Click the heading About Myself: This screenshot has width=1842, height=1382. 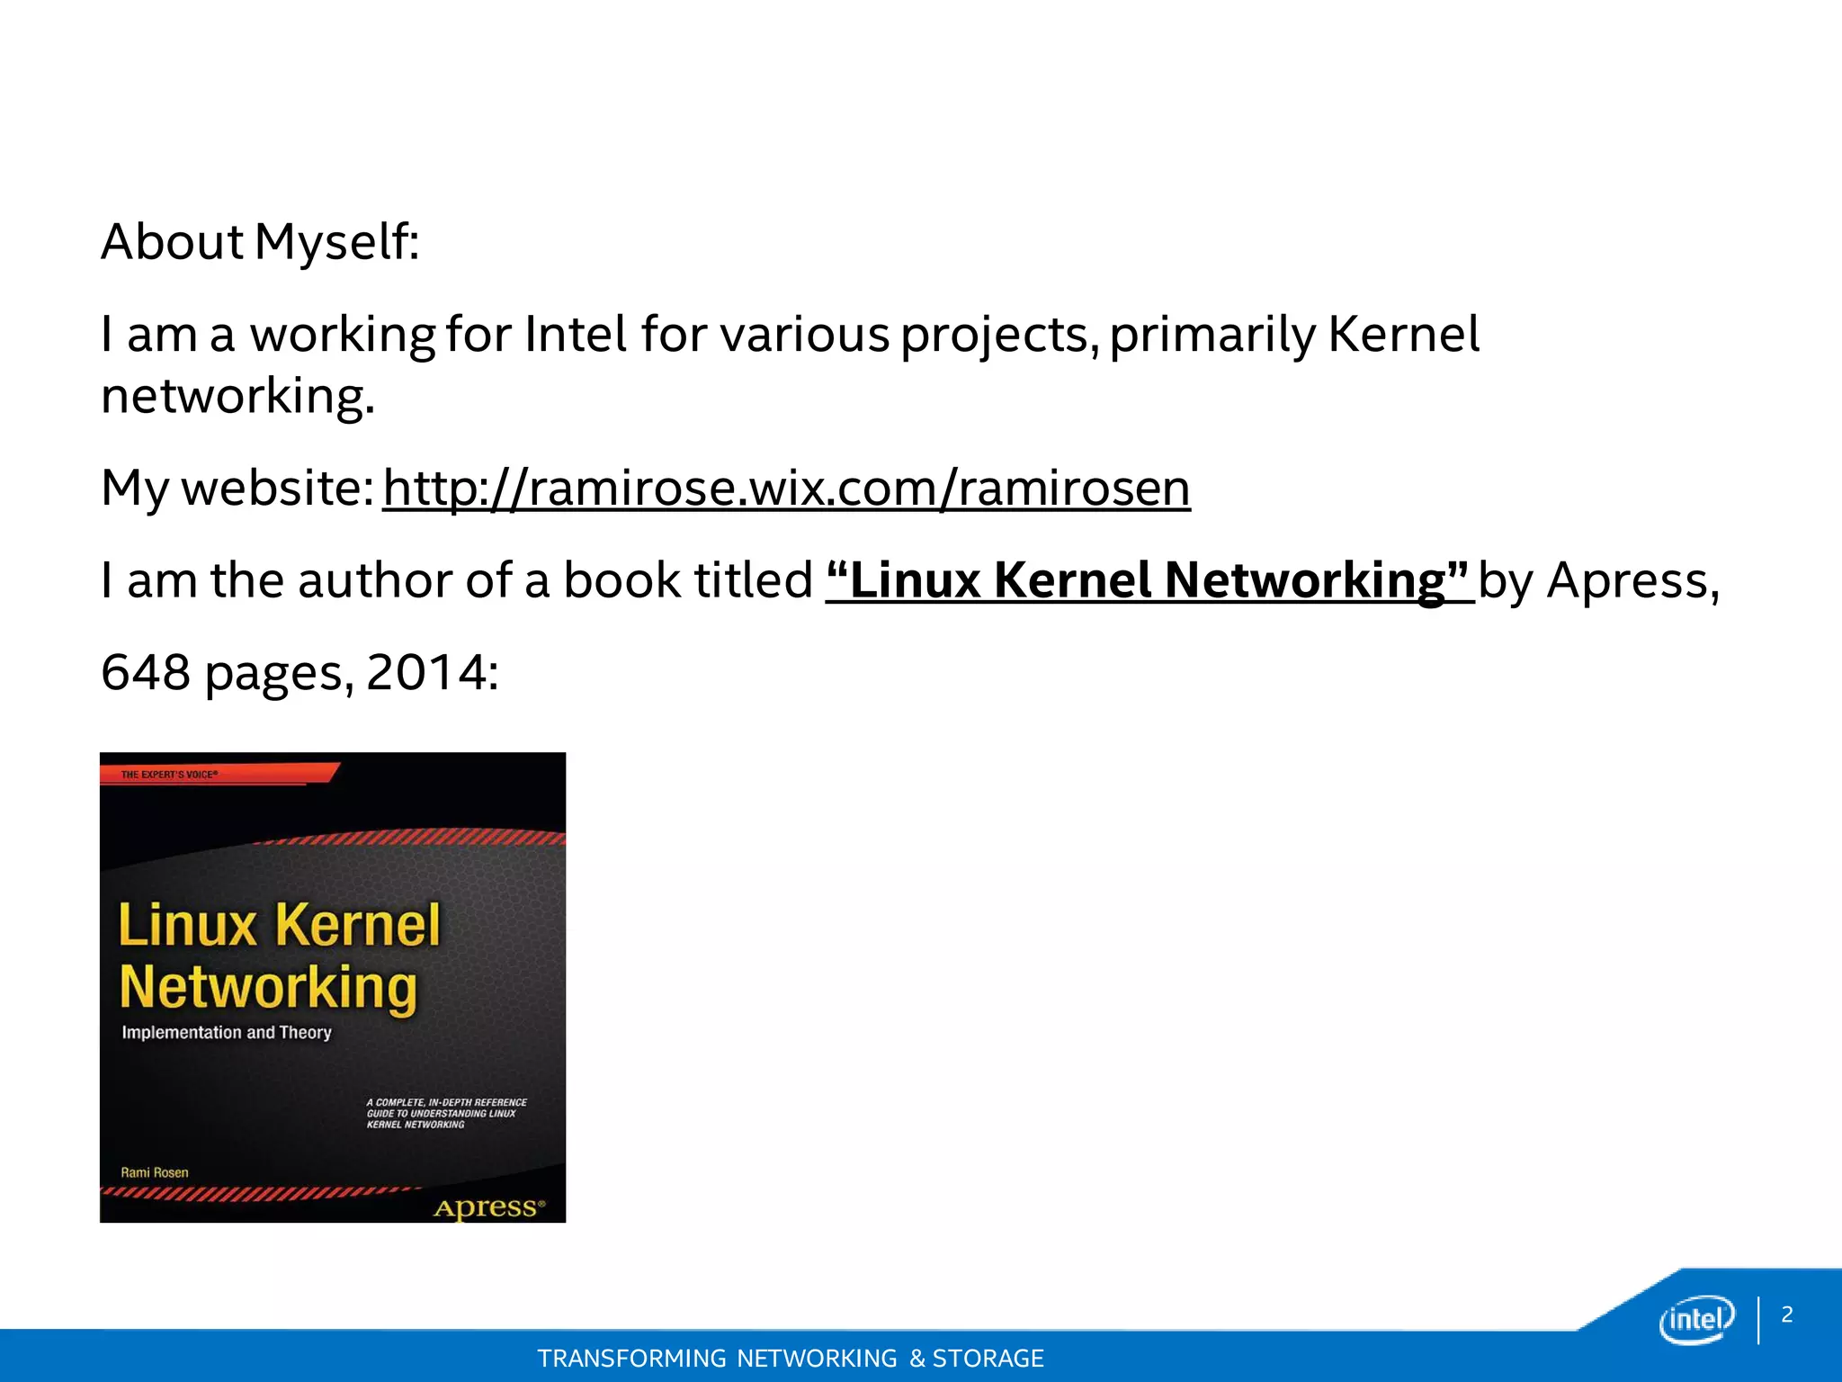click(260, 242)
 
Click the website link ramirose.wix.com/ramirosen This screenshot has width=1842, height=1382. click(786, 489)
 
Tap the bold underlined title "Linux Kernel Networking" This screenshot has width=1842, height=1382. click(1149, 580)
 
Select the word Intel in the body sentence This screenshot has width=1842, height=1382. click(576, 335)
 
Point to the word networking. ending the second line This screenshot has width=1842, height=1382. click(237, 396)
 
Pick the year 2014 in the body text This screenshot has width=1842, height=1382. click(426, 672)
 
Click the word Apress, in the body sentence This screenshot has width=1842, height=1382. click(1632, 580)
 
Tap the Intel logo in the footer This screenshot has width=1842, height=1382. click(1696, 1320)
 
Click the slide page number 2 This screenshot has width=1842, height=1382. click(1787, 1315)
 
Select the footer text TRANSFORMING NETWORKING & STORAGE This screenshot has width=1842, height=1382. click(791, 1358)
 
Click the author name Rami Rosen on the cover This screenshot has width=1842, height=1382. click(155, 1172)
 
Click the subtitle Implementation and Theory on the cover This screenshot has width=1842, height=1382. click(227, 1032)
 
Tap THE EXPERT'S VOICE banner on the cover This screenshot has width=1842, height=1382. click(169, 774)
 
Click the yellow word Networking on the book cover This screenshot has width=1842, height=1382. click(268, 988)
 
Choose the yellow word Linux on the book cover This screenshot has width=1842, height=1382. click(188, 925)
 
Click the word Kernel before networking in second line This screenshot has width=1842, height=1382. click(1403, 335)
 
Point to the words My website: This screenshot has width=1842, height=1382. click(237, 489)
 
